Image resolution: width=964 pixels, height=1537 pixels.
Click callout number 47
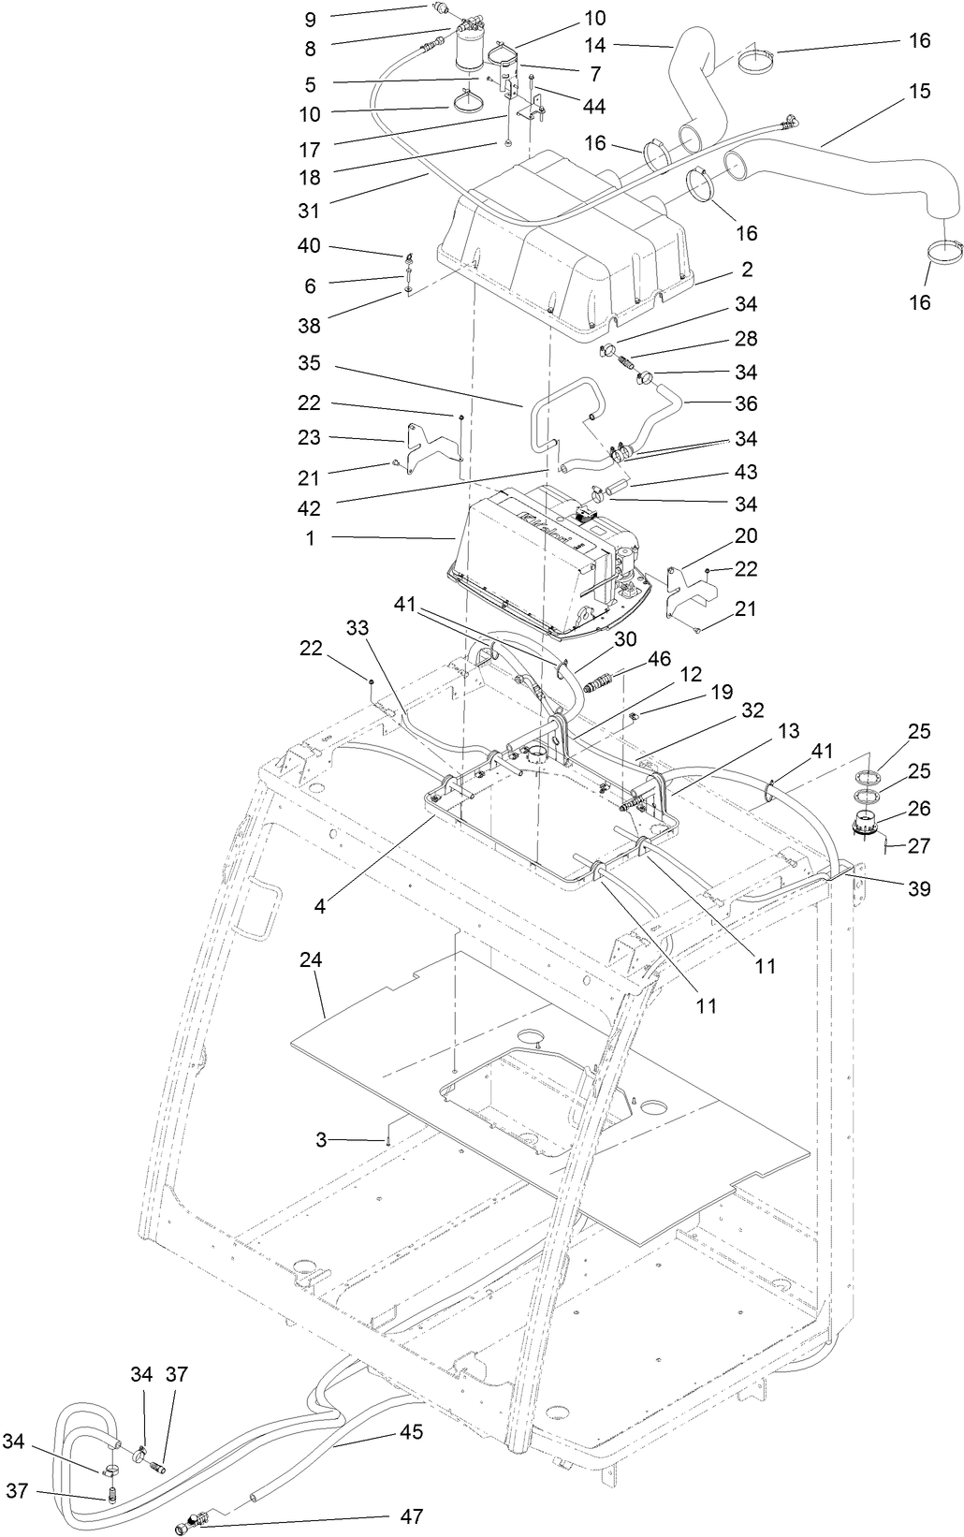(x=412, y=1515)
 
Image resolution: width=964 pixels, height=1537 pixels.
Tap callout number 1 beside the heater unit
(x=310, y=537)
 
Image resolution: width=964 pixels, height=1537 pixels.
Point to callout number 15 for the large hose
(x=919, y=92)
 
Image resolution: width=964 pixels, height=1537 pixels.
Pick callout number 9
(x=310, y=18)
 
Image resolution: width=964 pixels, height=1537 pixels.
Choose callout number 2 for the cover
(x=747, y=270)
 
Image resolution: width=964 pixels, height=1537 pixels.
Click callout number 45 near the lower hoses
(x=411, y=1431)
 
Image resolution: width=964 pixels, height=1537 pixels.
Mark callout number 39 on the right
(x=919, y=887)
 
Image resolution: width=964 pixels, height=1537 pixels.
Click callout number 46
(x=659, y=658)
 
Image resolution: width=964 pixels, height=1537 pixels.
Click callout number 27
(x=919, y=845)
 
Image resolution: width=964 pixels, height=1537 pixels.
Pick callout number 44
(x=593, y=107)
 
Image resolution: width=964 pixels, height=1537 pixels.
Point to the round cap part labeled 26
(x=864, y=826)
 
